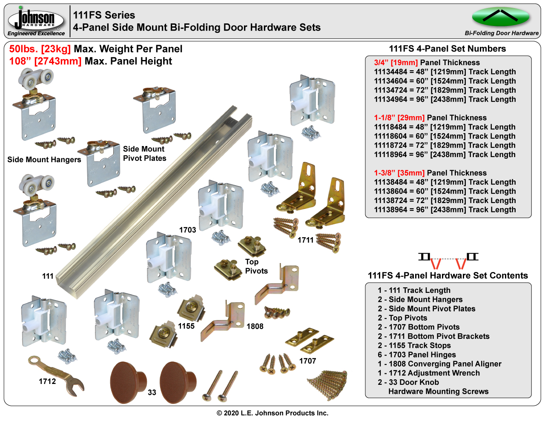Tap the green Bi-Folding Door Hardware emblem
click(x=500, y=17)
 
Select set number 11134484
click(x=390, y=72)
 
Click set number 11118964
click(x=390, y=155)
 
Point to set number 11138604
click(x=390, y=191)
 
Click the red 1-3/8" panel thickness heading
click(x=399, y=173)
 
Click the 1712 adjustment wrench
click(x=56, y=376)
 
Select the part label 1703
click(x=187, y=230)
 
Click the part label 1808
click(x=255, y=326)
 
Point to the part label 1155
click(x=186, y=326)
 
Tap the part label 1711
click(x=305, y=240)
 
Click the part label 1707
click(x=307, y=361)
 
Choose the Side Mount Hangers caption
click(x=44, y=160)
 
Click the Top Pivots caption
click(x=256, y=266)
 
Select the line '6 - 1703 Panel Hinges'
click(x=417, y=355)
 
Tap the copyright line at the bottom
click(x=272, y=413)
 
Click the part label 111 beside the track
click(x=48, y=276)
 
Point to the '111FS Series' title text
click(x=104, y=15)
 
